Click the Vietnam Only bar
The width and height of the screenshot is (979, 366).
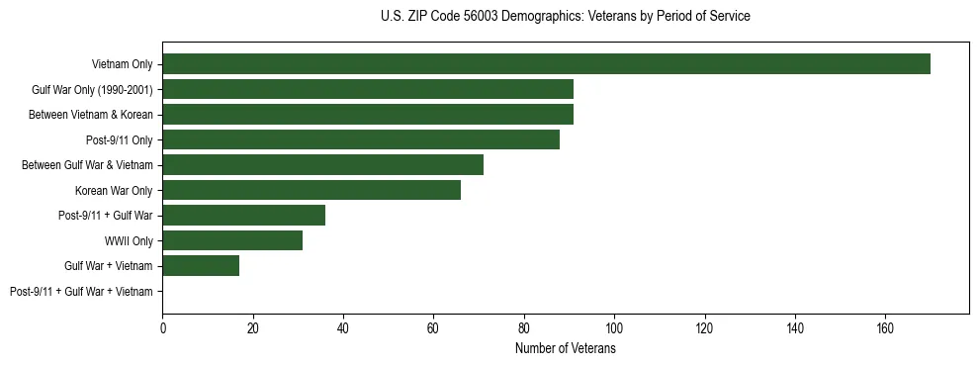pos(546,64)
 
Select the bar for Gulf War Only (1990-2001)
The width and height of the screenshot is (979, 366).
pos(368,89)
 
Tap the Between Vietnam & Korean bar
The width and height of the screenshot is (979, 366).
pos(368,115)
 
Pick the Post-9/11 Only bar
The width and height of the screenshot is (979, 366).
pos(361,139)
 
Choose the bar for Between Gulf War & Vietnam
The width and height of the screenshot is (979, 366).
pos(323,165)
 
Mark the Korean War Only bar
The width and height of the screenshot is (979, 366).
pos(311,190)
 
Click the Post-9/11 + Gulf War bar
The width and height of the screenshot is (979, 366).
pos(244,216)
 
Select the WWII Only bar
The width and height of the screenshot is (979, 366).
pos(232,240)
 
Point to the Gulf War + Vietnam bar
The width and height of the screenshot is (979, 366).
pos(201,266)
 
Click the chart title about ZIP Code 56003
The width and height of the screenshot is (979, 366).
pos(565,17)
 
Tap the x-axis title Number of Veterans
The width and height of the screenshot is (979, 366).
pos(565,349)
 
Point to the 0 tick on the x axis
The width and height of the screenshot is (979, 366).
pos(163,328)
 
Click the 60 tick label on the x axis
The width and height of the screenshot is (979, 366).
pos(433,328)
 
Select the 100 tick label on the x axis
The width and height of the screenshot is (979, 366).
pos(614,328)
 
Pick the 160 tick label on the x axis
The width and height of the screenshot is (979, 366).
pos(885,328)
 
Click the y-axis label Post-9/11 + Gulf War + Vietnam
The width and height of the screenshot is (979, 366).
pos(81,292)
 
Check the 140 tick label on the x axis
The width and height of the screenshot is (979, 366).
pos(794,328)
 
